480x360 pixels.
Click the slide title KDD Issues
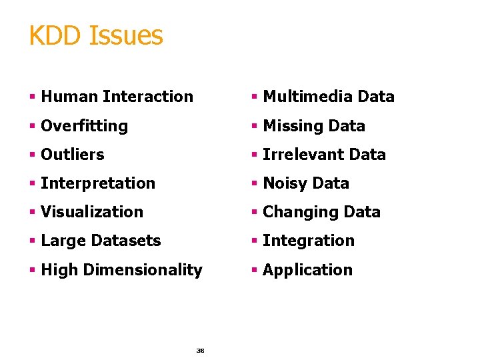click(95, 35)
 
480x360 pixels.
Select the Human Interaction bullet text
click(117, 97)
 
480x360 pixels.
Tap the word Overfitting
click(84, 126)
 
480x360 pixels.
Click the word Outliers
click(73, 155)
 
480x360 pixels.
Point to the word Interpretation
click(98, 183)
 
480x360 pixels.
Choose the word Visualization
click(92, 212)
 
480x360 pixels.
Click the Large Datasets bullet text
click(101, 241)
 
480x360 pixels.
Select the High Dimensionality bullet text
click(121, 270)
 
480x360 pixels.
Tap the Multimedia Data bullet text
click(329, 97)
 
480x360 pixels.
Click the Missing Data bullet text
click(314, 126)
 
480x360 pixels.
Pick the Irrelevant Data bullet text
click(324, 155)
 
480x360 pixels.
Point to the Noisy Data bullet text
click(306, 183)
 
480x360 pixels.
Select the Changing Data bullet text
click(321, 212)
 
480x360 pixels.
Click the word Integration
click(309, 241)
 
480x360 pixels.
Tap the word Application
click(307, 270)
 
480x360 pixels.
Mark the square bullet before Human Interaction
click(32, 97)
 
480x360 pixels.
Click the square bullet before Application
click(254, 271)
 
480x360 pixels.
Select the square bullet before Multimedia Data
click(254, 97)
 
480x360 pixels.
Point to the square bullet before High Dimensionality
click(32, 271)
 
